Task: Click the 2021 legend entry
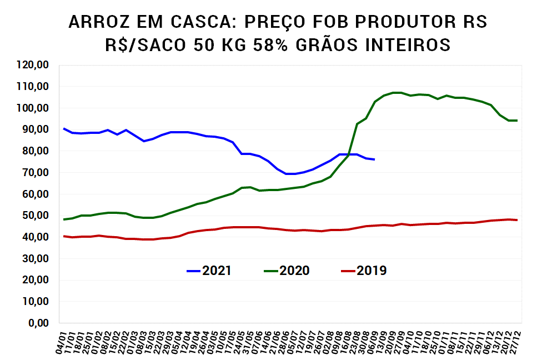pos(209,271)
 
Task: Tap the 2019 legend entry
pos(364,271)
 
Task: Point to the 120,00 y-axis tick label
pos(34,65)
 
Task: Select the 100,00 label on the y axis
pos(34,108)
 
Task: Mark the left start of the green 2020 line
pos(64,219)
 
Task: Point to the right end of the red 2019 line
pos(517,220)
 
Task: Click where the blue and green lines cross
pos(349,154)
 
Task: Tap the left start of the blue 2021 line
pos(64,128)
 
